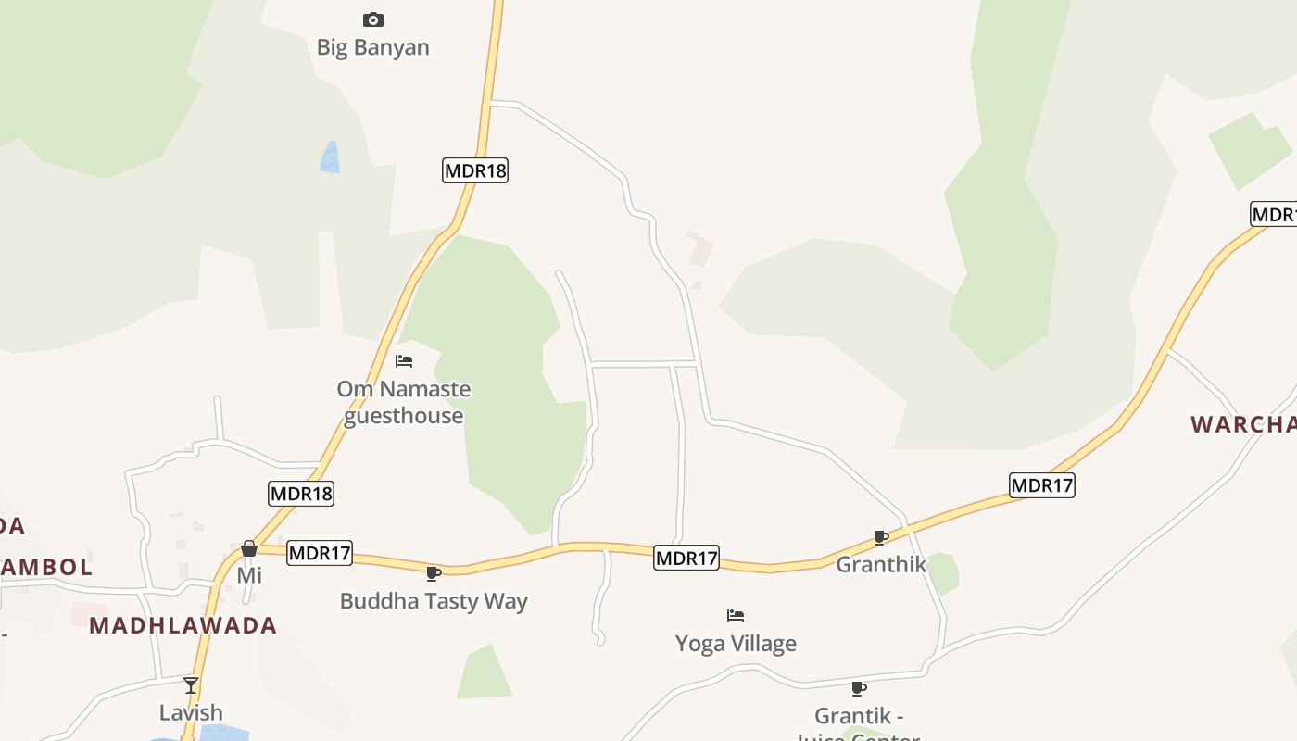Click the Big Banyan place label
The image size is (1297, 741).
[x=372, y=47]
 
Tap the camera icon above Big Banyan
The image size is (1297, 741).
[x=372, y=19]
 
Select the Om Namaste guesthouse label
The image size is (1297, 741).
[x=404, y=402]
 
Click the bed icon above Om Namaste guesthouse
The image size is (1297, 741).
[x=404, y=361]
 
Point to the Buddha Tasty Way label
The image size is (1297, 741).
[x=434, y=601]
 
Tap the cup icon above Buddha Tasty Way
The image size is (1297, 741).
[x=434, y=573]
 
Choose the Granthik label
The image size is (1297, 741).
[x=881, y=564]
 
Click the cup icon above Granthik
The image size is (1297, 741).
[x=881, y=537]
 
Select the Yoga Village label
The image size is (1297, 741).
[x=736, y=643]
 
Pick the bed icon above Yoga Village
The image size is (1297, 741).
[x=736, y=615]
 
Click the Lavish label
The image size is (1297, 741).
[x=191, y=712]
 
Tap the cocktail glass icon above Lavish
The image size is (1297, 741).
[x=191, y=685]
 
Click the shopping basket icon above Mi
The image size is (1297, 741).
[x=248, y=548]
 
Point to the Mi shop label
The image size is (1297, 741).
[x=249, y=576]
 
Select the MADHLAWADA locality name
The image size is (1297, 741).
[x=183, y=625]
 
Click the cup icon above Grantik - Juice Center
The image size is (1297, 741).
[x=859, y=688]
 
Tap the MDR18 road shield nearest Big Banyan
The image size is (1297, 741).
[x=475, y=170]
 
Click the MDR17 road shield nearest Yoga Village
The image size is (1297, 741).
[x=686, y=558]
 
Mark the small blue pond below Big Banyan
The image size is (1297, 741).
[x=330, y=157]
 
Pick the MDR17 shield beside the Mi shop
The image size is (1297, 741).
[x=320, y=554]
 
